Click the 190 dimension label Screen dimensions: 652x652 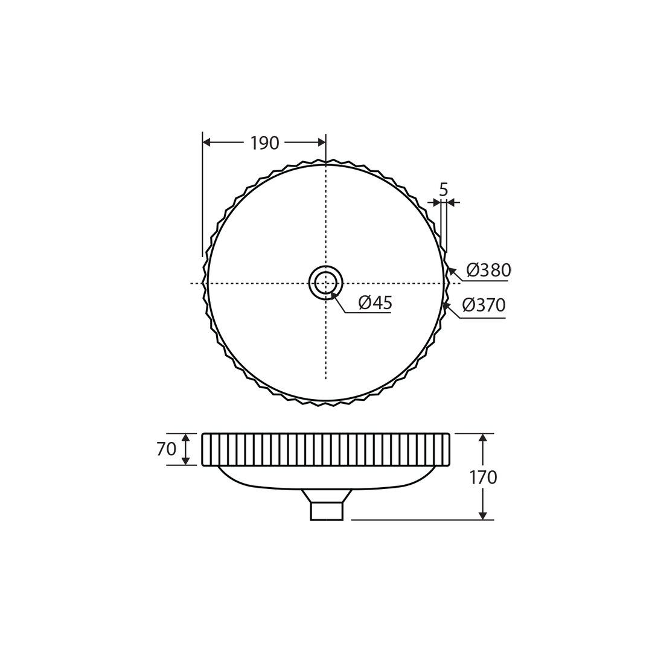click(x=264, y=143)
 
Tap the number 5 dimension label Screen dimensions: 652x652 click(x=444, y=190)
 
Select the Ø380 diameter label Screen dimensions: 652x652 click(x=488, y=270)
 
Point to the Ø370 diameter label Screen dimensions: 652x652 click(x=484, y=305)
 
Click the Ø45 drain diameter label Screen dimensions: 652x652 click(x=375, y=302)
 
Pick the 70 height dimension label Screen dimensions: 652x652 click(x=166, y=449)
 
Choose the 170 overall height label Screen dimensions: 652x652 click(x=483, y=478)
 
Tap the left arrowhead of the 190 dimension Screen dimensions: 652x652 click(x=206, y=142)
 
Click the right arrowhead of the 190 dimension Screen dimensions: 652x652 click(x=322, y=142)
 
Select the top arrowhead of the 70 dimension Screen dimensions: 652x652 click(x=185, y=438)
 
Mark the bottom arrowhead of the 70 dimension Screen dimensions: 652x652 click(x=185, y=461)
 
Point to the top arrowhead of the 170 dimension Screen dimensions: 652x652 click(x=482, y=438)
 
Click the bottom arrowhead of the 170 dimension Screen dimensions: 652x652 click(x=482, y=516)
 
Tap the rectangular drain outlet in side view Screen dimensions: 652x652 click(x=327, y=511)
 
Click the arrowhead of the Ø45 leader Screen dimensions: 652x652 click(x=333, y=295)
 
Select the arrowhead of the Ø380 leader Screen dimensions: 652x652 click(x=452, y=271)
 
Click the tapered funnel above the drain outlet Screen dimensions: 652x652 click(x=327, y=496)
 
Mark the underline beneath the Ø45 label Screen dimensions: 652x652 click(x=368, y=313)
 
